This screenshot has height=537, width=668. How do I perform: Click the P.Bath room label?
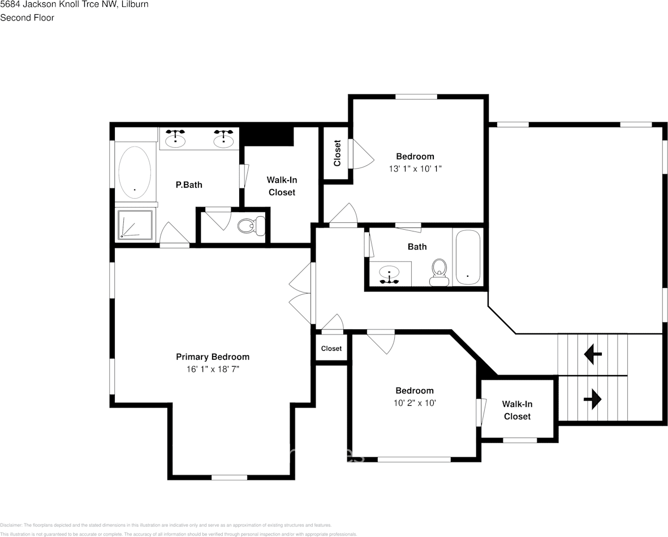tap(188, 184)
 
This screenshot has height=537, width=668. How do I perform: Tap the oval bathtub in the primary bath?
tap(134, 172)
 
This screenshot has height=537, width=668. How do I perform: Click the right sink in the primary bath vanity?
tap(225, 138)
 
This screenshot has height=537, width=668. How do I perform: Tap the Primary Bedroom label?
tap(212, 356)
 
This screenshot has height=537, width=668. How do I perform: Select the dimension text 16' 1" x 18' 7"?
tap(212, 369)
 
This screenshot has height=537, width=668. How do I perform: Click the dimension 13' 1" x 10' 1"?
tap(415, 169)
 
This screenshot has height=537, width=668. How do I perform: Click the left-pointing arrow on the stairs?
tap(593, 355)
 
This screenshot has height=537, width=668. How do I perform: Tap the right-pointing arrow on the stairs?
tap(592, 399)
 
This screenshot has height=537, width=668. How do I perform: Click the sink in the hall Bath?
tap(389, 274)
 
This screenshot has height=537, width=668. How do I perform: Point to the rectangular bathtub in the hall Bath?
tap(468, 257)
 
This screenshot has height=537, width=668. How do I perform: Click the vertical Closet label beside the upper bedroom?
tap(337, 153)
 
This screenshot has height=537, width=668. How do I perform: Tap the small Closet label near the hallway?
tap(331, 349)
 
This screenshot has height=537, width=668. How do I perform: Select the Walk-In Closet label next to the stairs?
tap(517, 410)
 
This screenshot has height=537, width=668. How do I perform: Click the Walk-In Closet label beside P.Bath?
tap(282, 186)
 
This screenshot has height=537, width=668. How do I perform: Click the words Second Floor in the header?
tap(27, 18)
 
